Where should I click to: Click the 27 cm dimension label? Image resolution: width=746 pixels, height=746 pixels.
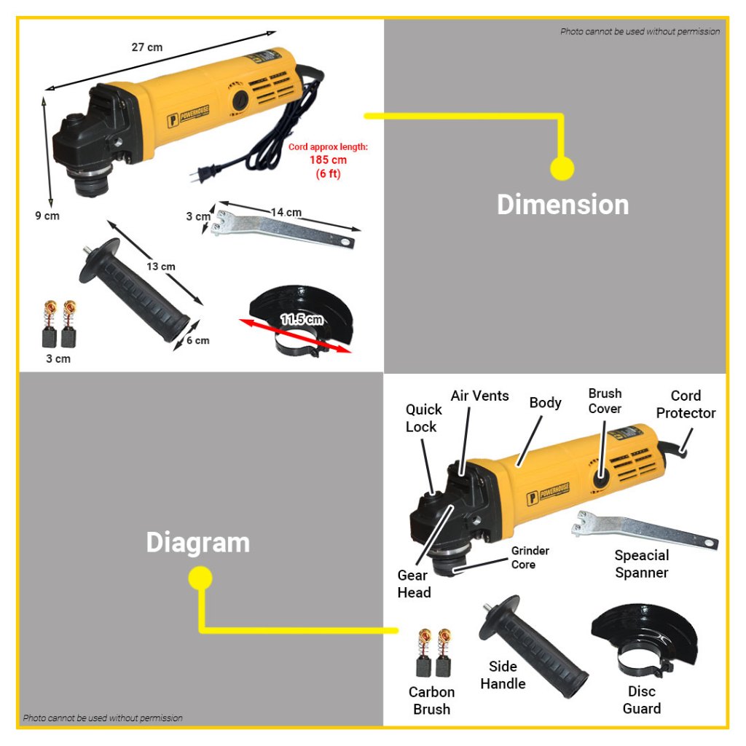(147, 47)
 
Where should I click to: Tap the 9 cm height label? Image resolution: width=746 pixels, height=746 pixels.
(47, 216)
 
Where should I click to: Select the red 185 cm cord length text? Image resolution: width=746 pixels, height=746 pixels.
(328, 160)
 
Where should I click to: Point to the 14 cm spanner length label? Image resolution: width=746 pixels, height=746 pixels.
(286, 212)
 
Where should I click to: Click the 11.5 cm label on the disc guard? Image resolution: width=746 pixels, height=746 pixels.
(302, 319)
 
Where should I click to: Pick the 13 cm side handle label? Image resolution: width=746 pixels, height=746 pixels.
(161, 267)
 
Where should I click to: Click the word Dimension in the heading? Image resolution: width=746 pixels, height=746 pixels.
(563, 205)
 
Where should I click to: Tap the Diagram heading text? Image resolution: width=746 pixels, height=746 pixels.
(198, 542)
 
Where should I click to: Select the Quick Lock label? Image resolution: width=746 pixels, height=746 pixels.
(423, 418)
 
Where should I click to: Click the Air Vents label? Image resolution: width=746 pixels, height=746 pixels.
(479, 396)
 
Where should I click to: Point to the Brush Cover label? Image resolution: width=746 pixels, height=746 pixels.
(605, 401)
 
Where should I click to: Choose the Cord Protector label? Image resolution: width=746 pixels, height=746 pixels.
(686, 404)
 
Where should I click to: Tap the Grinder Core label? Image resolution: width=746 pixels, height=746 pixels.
(530, 557)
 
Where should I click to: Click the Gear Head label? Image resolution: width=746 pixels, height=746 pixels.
(414, 584)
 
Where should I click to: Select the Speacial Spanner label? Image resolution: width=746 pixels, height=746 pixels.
(641, 564)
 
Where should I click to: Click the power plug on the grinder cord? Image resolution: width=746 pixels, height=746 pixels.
(205, 173)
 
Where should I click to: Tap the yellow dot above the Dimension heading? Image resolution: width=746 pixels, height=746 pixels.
(562, 168)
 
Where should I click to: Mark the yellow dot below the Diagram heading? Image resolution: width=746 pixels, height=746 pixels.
(200, 578)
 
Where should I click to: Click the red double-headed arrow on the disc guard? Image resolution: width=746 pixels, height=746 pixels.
(295, 335)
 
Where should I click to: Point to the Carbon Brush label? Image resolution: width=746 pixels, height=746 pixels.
(431, 700)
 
